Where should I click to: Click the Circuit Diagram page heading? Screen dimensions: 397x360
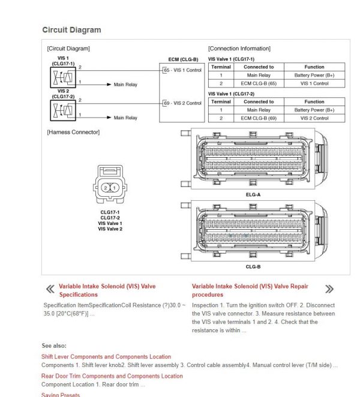click(71, 30)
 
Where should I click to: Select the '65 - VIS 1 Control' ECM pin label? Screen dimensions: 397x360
click(182, 70)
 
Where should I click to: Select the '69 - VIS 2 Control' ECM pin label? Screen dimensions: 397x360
click(182, 103)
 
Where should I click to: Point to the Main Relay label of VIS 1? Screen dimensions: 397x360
click(125, 85)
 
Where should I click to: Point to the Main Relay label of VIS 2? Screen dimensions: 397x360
click(125, 118)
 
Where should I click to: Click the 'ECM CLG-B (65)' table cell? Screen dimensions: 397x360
click(259, 83)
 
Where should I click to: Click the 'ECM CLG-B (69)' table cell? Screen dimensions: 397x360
click(259, 118)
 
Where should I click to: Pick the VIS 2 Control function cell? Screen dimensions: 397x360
click(314, 118)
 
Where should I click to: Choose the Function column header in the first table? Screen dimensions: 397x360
click(314, 67)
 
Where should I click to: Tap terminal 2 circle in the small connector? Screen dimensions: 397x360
click(106, 188)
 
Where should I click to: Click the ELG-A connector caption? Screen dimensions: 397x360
click(253, 194)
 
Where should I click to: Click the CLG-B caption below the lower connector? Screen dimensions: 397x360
click(253, 266)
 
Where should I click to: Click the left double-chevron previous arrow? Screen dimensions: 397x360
click(50, 290)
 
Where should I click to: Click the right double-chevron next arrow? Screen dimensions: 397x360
click(329, 289)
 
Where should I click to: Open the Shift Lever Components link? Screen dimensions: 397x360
click(106, 357)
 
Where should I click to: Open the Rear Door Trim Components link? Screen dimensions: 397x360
click(112, 376)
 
